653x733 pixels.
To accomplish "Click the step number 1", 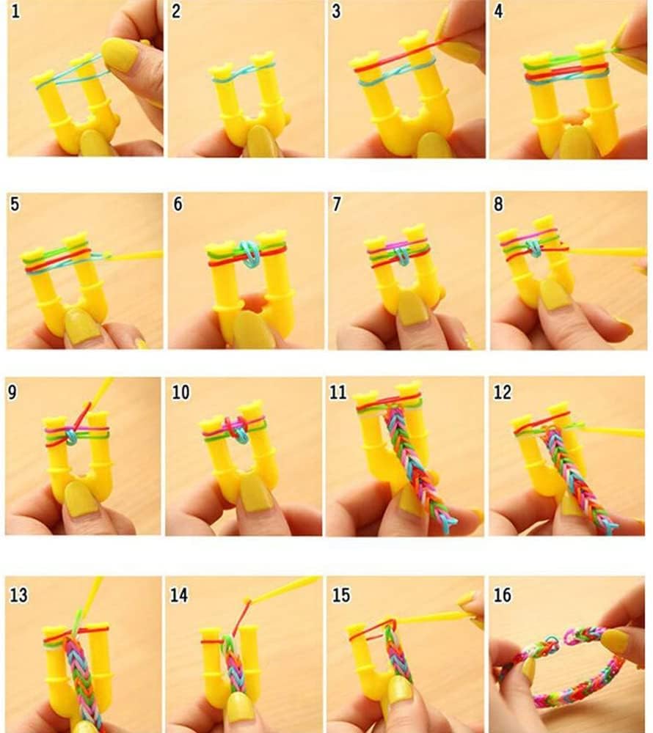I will coord(14,12).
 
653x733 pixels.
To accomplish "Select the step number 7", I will coord(337,205).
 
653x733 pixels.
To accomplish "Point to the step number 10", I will coord(180,392).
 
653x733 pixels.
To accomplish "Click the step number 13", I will coord(18,593).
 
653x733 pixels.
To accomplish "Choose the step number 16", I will coord(503,593).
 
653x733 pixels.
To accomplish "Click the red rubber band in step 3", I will coord(396,59).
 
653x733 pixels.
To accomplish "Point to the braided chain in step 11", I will coord(415,462).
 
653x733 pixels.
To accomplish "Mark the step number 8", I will coord(499,205).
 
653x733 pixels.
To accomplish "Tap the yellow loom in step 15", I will coord(367,660).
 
